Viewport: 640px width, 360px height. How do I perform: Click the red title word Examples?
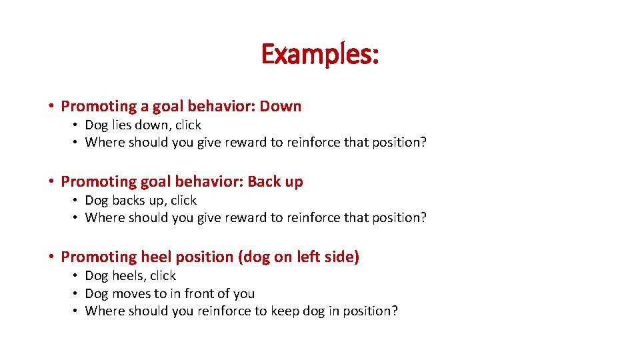click(x=320, y=54)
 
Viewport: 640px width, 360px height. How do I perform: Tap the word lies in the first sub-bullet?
click(x=121, y=125)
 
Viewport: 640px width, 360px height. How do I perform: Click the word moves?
click(x=131, y=293)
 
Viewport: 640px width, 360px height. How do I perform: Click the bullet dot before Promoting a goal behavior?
click(x=51, y=107)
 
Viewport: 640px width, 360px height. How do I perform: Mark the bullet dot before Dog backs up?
click(x=77, y=201)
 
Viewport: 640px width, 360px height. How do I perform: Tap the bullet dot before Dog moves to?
click(x=77, y=294)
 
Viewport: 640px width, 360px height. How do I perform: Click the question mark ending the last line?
click(x=394, y=311)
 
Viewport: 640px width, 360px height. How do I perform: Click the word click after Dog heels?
click(x=163, y=275)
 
